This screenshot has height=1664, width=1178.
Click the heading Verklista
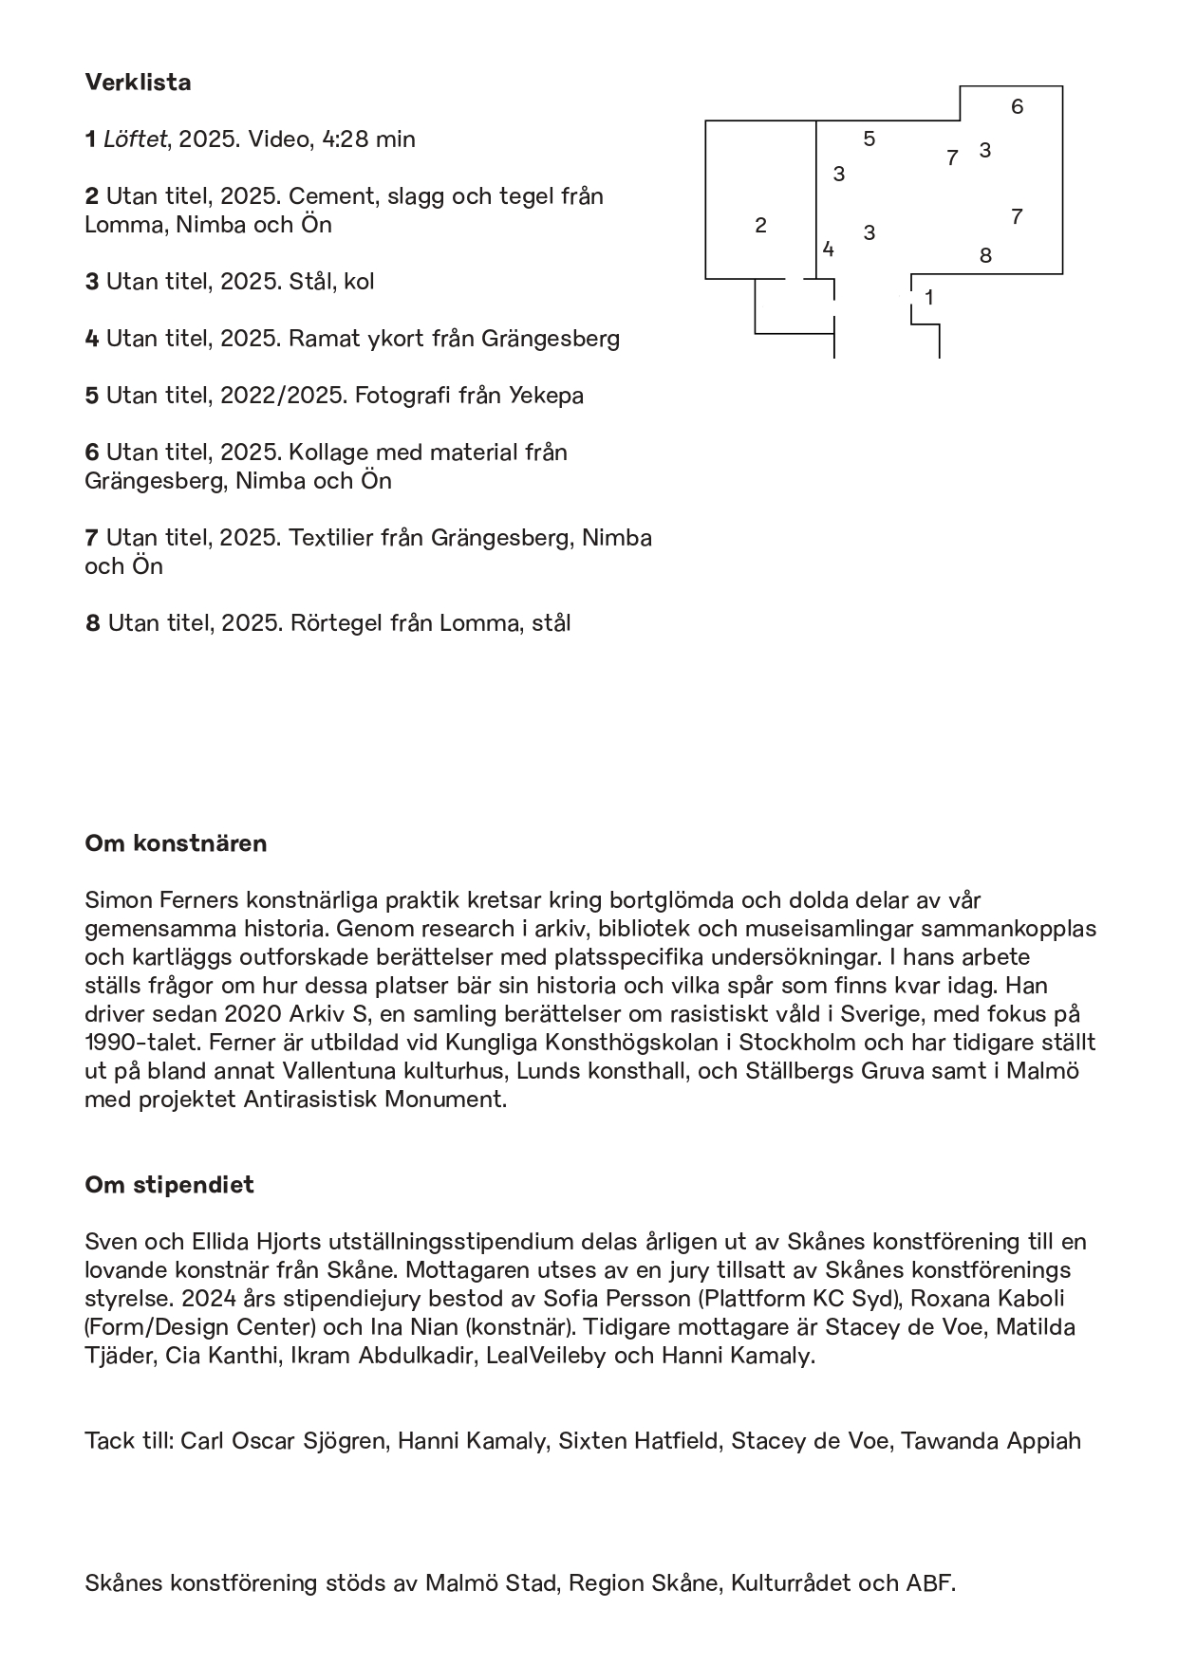pyautogui.click(x=138, y=83)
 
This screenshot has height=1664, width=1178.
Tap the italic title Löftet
pyautogui.click(x=136, y=139)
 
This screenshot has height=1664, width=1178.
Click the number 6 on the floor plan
pyautogui.click(x=1017, y=106)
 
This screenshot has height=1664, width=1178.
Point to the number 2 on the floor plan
pyautogui.click(x=760, y=226)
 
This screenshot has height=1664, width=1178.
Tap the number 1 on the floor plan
pyautogui.click(x=929, y=298)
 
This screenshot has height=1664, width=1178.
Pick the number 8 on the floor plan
pyautogui.click(x=985, y=255)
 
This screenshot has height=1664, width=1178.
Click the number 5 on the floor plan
pyautogui.click(x=869, y=139)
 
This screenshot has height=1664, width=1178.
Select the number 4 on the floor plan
pyautogui.click(x=829, y=250)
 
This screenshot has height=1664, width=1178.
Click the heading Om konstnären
pyautogui.click(x=176, y=843)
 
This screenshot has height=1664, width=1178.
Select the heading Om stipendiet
pyautogui.click(x=169, y=1185)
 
